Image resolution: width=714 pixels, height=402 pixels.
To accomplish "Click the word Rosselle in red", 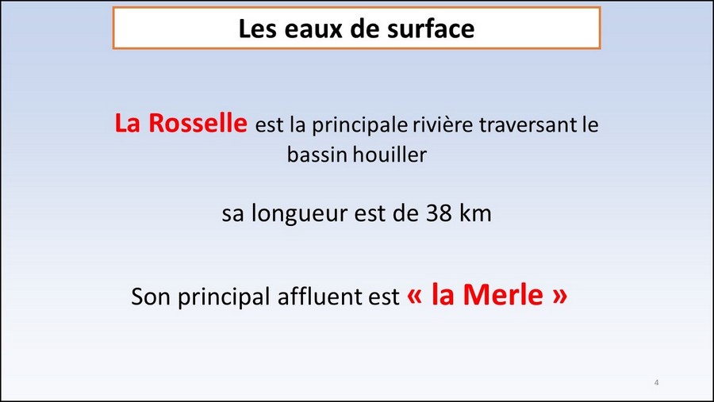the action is (198, 123).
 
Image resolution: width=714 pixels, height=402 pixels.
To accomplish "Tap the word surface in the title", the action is (431, 29).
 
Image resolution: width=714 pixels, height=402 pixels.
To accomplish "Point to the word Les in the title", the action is (258, 29).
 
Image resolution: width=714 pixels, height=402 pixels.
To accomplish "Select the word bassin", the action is (317, 155).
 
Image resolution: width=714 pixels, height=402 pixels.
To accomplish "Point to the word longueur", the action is (300, 214).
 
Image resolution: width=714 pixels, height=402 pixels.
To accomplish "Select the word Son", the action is (152, 297).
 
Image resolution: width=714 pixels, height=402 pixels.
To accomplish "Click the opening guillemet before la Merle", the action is (414, 297).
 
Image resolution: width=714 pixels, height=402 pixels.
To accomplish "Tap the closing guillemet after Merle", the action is (560, 297).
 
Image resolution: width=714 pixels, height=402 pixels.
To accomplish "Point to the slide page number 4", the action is (656, 382).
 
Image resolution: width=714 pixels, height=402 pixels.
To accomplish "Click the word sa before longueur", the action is (233, 215).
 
